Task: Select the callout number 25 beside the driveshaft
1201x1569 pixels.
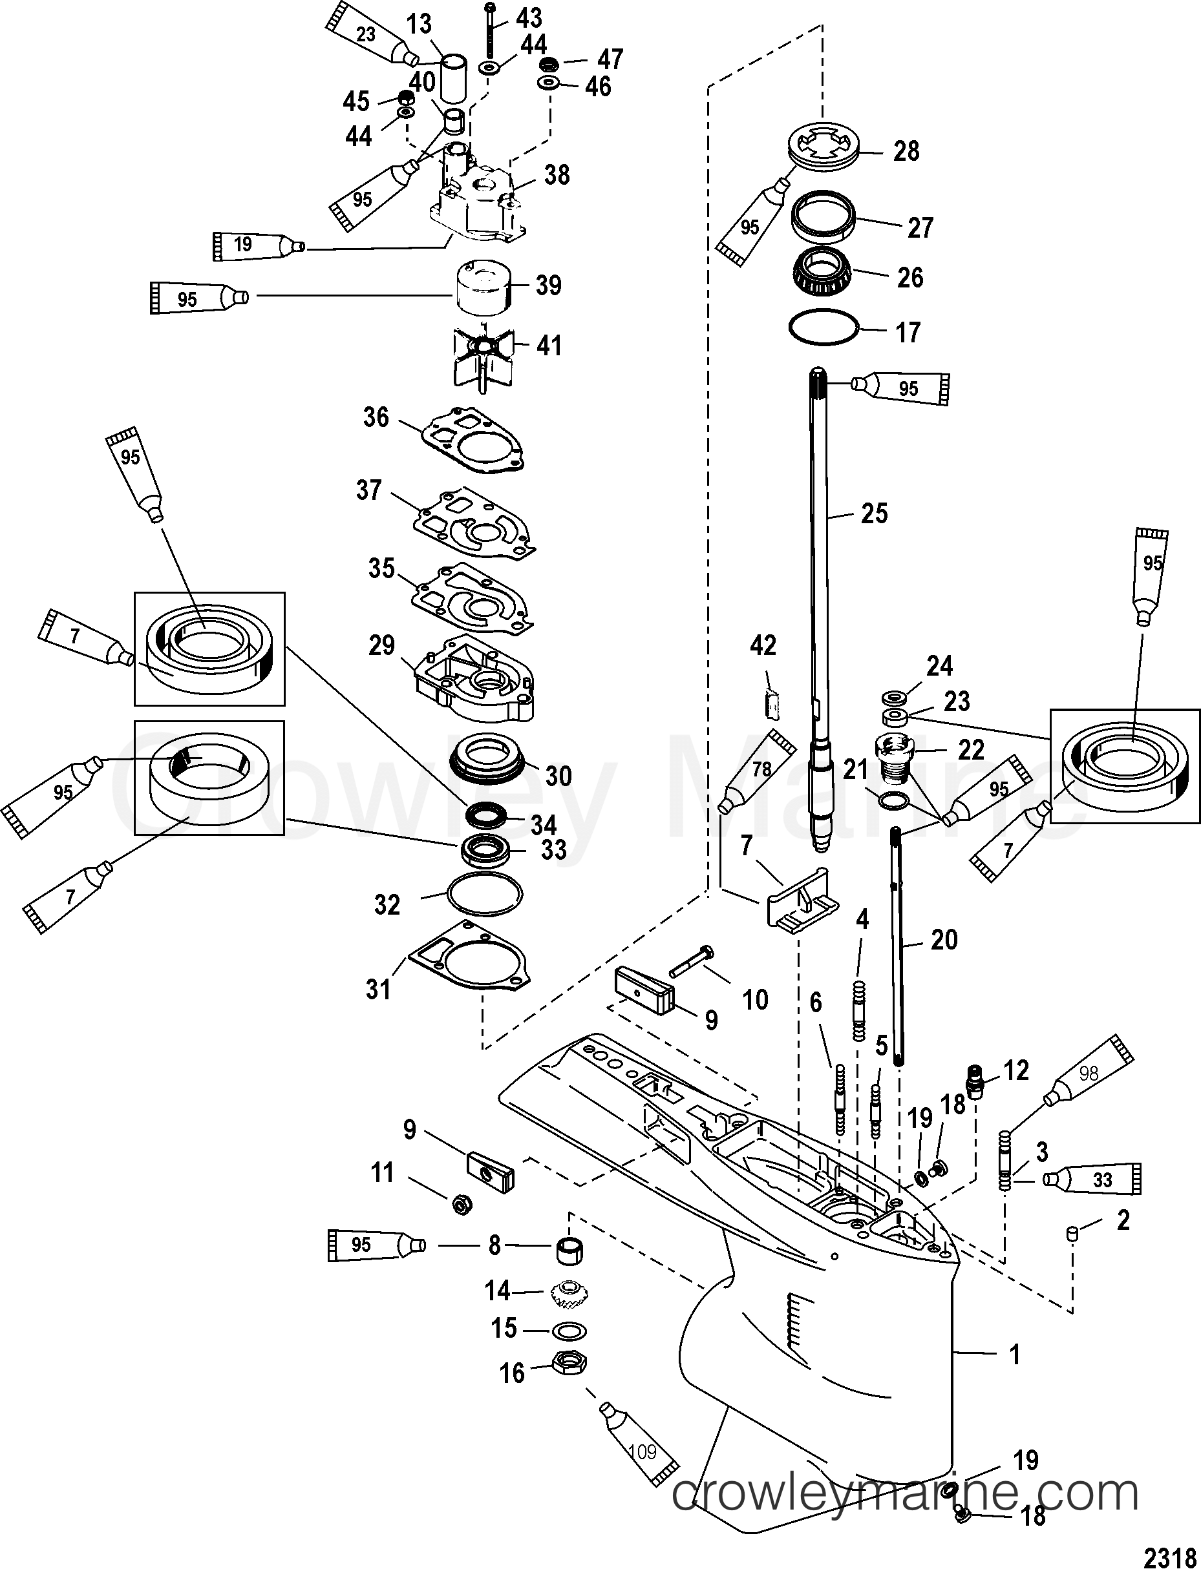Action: (x=873, y=513)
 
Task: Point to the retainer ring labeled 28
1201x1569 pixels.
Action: (x=824, y=148)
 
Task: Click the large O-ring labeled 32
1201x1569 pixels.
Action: (x=484, y=893)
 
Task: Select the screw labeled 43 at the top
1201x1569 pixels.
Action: (x=491, y=30)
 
